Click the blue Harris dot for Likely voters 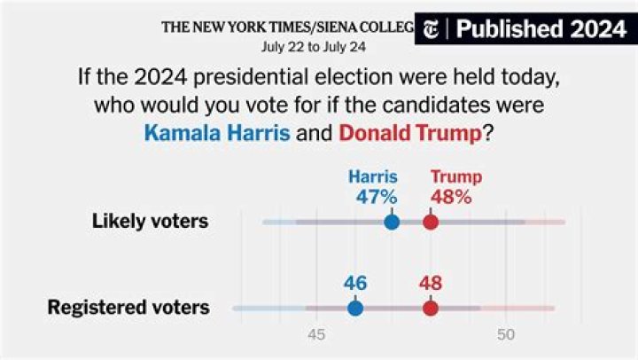[x=392, y=221]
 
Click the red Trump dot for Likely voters [x=431, y=221]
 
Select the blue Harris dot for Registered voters [x=355, y=308]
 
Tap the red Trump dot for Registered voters [x=431, y=308]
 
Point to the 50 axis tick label [x=506, y=335]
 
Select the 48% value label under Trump [x=451, y=197]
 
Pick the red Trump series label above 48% [x=451, y=176]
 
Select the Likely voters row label [x=150, y=221]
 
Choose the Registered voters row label [x=128, y=308]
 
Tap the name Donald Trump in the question [x=409, y=135]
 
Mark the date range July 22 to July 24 [x=314, y=45]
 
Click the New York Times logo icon [x=432, y=29]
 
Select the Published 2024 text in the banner [x=541, y=29]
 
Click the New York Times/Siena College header [x=287, y=27]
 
